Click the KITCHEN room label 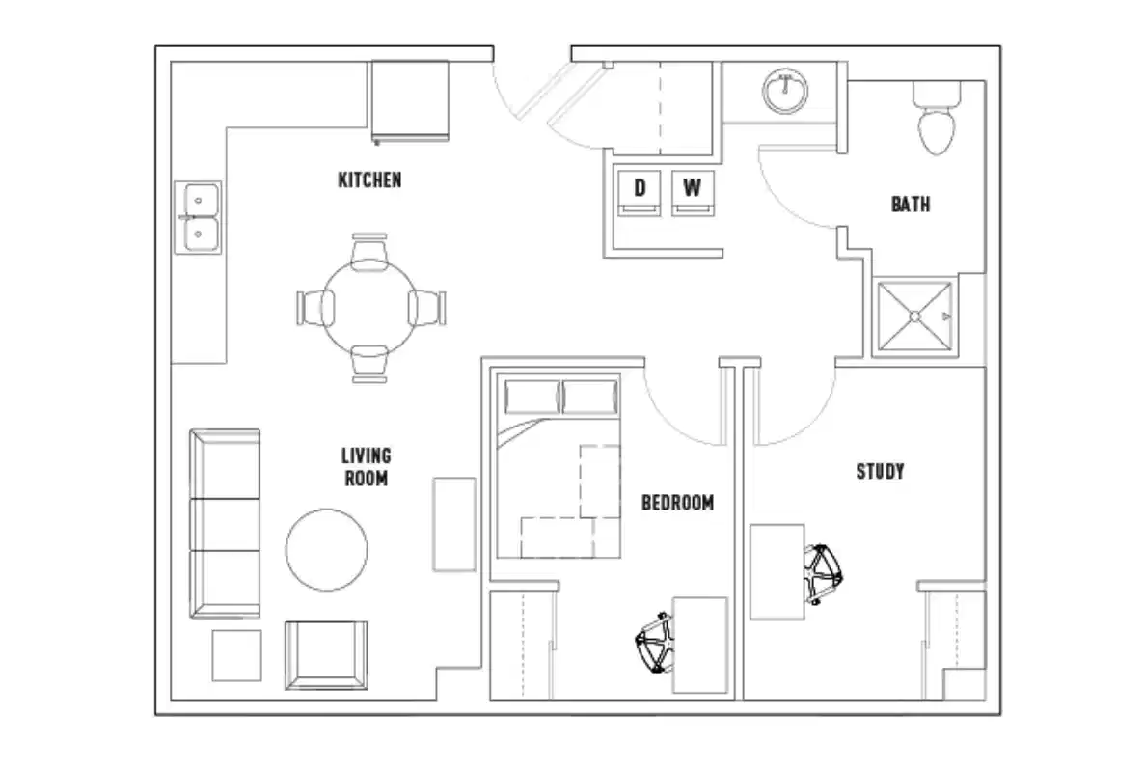(x=369, y=180)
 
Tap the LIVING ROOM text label (x=367, y=466)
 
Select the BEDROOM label (x=678, y=503)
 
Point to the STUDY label (x=880, y=472)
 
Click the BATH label (x=910, y=205)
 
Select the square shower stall (x=913, y=315)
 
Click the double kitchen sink (x=198, y=217)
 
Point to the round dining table (x=369, y=308)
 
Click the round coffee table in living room (x=326, y=549)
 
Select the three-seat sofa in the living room (x=226, y=523)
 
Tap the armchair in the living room (x=326, y=654)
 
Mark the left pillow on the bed (x=532, y=397)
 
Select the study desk (x=777, y=571)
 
